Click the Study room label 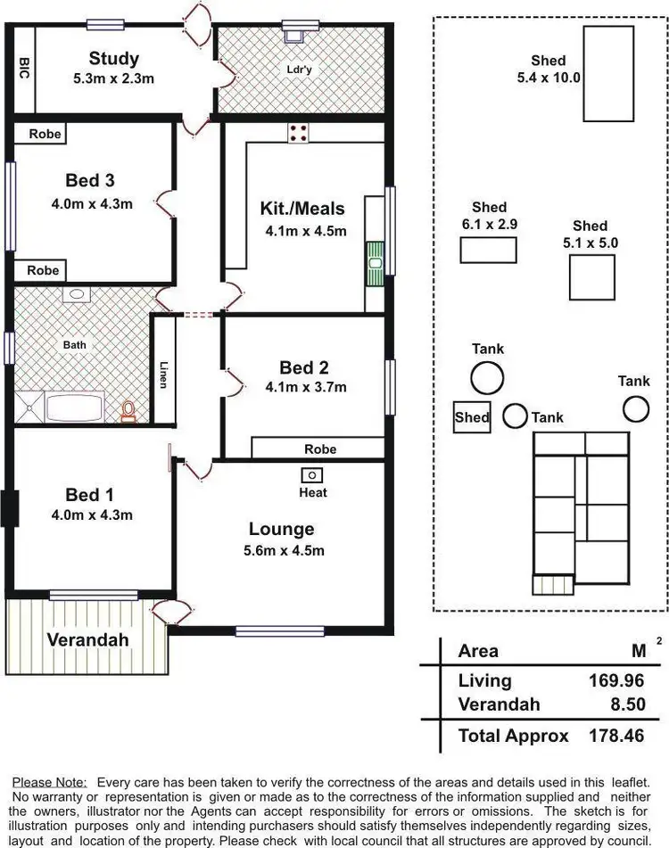tap(113, 59)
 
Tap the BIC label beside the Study tap(24, 69)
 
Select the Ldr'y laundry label tap(298, 69)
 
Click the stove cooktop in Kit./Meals tap(298, 133)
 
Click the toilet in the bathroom tap(129, 411)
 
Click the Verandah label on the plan tap(87, 639)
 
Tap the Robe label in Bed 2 tap(320, 449)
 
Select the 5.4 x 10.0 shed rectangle tap(608, 73)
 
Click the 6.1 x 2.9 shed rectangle tap(488, 251)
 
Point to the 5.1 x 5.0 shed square tap(592, 276)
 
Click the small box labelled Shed tap(472, 416)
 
